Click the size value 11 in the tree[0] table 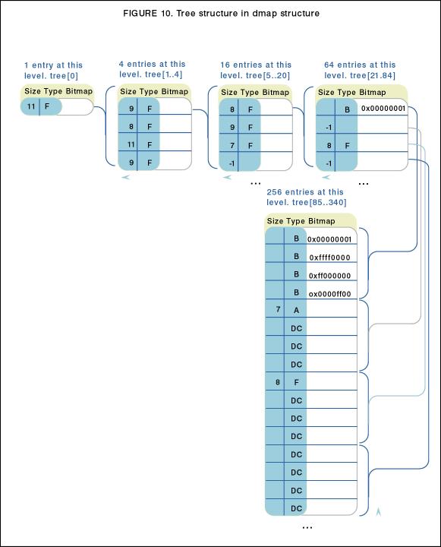(x=31, y=106)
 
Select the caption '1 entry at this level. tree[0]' (x=53, y=71)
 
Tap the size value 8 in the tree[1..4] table (x=131, y=126)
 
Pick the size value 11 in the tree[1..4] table (x=131, y=144)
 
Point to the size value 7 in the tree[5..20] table (x=232, y=145)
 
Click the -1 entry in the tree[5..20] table (x=232, y=163)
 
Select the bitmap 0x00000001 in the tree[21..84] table (x=383, y=109)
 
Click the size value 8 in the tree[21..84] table (x=329, y=145)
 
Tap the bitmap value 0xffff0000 (x=329, y=258)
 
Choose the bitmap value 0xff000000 (x=329, y=276)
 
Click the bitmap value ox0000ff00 (x=329, y=294)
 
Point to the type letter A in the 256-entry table (x=296, y=310)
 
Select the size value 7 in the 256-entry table (x=278, y=309)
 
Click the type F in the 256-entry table (x=296, y=382)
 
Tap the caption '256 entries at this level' (x=305, y=192)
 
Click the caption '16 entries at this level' (x=256, y=65)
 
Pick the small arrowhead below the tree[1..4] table (x=125, y=177)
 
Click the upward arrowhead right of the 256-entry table (x=379, y=512)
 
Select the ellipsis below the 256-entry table (x=307, y=527)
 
